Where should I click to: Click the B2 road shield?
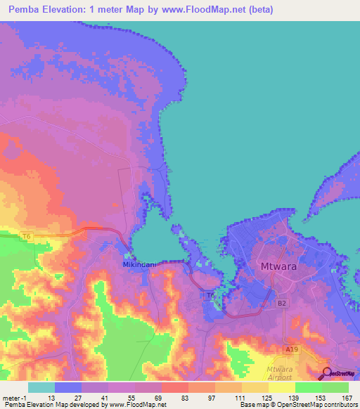click(282, 304)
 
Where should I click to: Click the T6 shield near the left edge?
click(25, 237)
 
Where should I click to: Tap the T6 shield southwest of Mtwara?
click(210, 297)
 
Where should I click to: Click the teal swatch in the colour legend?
click(41, 387)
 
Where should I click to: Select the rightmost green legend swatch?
click(335, 387)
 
